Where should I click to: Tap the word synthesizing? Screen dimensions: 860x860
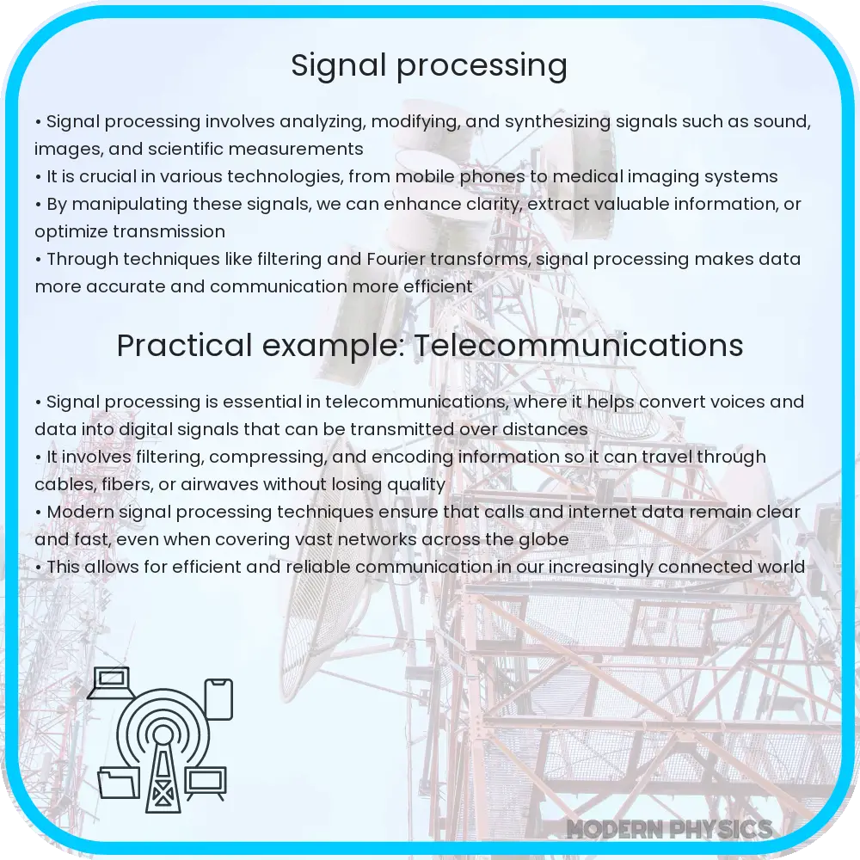tap(557, 122)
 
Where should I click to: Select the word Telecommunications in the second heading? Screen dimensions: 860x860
tap(579, 346)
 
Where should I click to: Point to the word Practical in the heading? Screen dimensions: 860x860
tap(184, 346)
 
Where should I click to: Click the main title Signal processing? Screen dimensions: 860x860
tap(429, 65)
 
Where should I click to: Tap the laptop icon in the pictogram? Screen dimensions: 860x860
tap(110, 683)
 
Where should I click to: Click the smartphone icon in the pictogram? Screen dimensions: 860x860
tap(218, 699)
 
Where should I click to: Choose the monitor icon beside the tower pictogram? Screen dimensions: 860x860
tap(206, 783)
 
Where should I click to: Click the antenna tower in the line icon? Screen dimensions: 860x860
tap(163, 768)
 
